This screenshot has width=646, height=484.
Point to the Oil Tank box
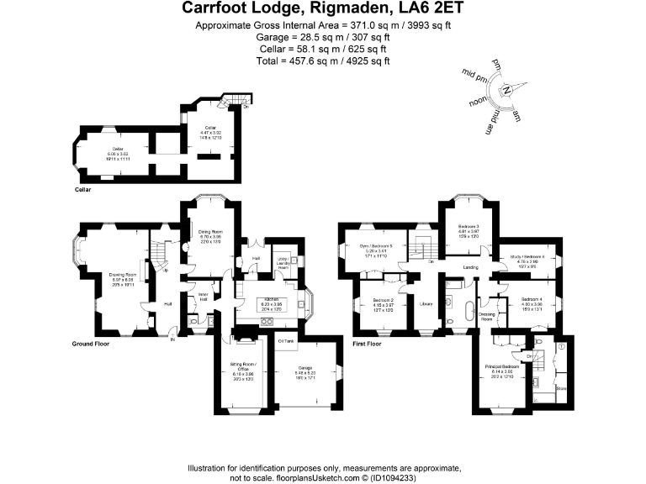tap(285, 340)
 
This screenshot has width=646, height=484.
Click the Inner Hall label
tap(203, 297)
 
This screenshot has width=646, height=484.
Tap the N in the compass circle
tap(506, 90)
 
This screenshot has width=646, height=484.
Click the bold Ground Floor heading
tap(93, 344)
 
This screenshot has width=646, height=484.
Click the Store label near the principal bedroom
tap(560, 387)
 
